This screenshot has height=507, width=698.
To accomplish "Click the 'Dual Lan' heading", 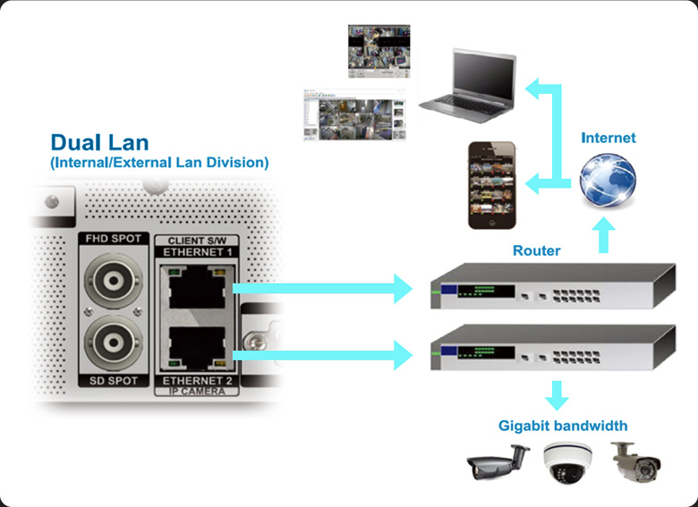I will coord(99,143).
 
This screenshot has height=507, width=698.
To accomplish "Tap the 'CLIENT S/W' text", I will coord(195,240).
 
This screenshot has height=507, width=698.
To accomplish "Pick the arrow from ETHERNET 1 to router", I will coord(322,288).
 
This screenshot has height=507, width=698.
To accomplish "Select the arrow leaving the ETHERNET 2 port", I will coord(322,355).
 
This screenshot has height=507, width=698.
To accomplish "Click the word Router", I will coord(536,250).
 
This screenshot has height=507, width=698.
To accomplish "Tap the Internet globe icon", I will coord(608,179).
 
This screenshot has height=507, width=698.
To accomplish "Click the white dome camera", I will coord(566,463).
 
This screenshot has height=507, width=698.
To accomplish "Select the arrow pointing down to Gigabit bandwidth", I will coord(558,394).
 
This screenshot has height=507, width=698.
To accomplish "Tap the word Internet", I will coord(609,138).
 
